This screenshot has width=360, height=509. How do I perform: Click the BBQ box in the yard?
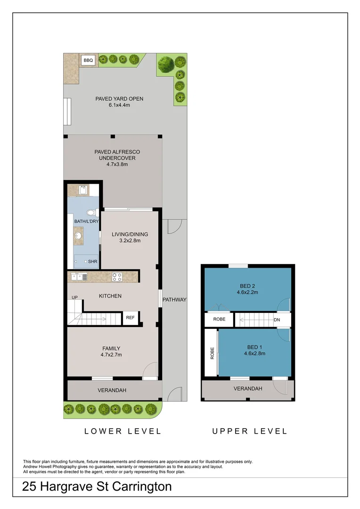pyautogui.click(x=88, y=60)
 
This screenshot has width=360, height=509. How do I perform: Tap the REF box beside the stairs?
pyautogui.click(x=130, y=318)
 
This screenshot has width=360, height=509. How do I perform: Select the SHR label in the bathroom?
pyautogui.click(x=92, y=261)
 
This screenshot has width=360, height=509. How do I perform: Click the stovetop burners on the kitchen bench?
pyautogui.click(x=117, y=277)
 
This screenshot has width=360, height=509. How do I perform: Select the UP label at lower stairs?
pyautogui.click(x=74, y=298)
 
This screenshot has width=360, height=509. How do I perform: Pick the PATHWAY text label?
pyautogui.click(x=174, y=300)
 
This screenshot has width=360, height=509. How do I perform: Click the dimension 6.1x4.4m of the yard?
pyautogui.click(x=119, y=105)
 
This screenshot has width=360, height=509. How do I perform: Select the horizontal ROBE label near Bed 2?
pyautogui.click(x=219, y=319)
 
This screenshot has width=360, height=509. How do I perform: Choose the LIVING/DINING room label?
pyautogui.click(x=130, y=234)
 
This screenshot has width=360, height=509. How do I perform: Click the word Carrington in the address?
pyautogui.click(x=139, y=487)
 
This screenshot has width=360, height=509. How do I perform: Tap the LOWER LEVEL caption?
pyautogui.click(x=123, y=431)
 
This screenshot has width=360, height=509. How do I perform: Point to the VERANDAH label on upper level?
pyautogui.click(x=248, y=388)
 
